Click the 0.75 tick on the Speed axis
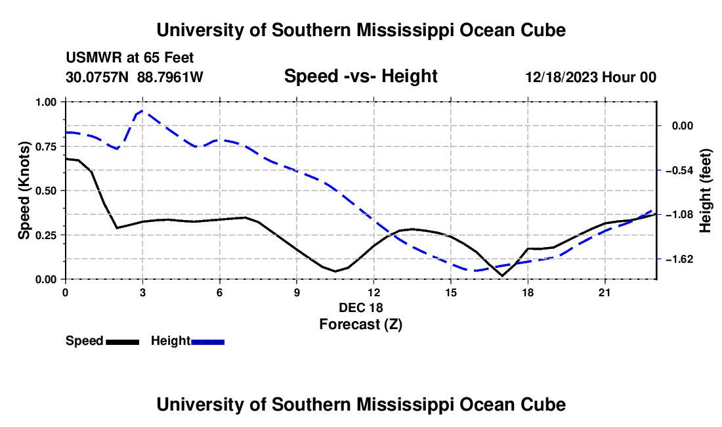tap(63, 146)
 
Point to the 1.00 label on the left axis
tap(45, 102)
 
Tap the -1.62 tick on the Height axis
tap(659, 259)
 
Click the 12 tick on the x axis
tap(374, 282)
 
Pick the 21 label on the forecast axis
tap(605, 292)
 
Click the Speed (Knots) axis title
tap(24, 191)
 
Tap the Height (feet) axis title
tap(706, 191)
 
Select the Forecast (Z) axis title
tap(360, 325)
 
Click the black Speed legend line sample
tap(123, 342)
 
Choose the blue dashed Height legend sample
tap(207, 342)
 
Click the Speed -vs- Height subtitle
tap(360, 76)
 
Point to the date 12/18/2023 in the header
tap(561, 77)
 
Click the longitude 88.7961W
tap(170, 77)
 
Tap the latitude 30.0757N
tap(97, 77)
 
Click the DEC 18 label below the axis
tap(360, 307)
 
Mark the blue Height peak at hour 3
tap(142, 110)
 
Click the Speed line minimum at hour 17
tap(501, 276)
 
